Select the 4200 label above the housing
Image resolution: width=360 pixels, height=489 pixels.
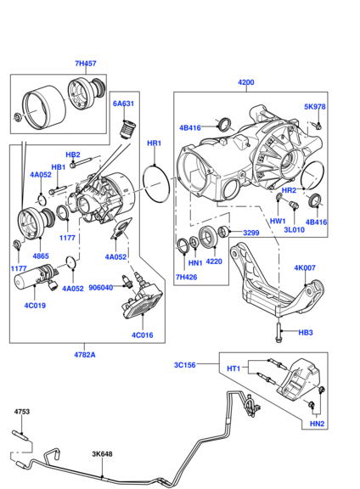click(245, 82)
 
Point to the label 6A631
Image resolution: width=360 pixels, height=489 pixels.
click(124, 103)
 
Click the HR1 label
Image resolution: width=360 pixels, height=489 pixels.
click(155, 143)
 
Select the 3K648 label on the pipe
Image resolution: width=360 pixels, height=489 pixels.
click(103, 454)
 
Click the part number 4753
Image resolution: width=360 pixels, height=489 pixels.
click(22, 412)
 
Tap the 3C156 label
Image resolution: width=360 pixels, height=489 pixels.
click(186, 365)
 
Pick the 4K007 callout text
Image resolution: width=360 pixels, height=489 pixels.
click(305, 268)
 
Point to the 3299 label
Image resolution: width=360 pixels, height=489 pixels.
click(251, 233)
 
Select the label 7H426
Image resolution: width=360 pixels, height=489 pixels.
click(186, 277)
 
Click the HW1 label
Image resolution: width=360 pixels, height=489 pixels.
click(278, 221)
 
